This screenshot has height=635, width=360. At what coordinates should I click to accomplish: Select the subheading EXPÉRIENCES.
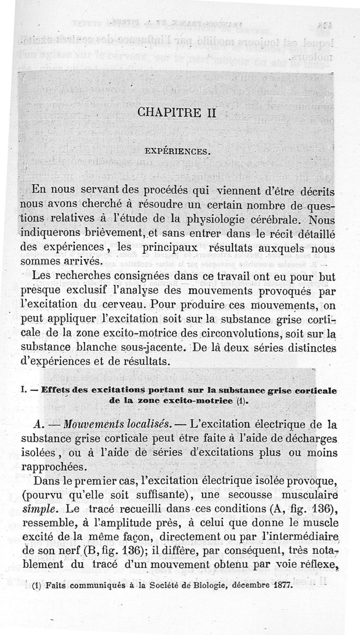point(178,151)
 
